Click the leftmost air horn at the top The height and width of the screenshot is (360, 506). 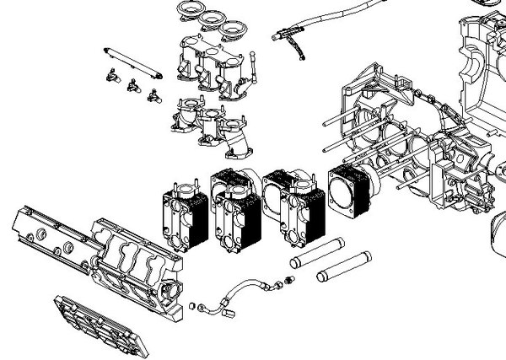[x=191, y=11]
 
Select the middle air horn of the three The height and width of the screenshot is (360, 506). [x=211, y=19]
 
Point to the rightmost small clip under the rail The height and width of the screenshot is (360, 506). [x=153, y=94]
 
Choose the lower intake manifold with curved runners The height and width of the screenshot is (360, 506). [x=215, y=131]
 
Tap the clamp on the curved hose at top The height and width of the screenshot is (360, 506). [x=289, y=38]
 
